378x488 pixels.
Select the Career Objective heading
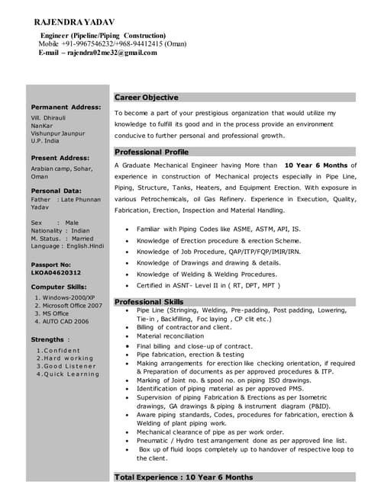147,98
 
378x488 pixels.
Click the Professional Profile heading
151,152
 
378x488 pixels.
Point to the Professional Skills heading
149,302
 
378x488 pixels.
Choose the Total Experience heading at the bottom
184,477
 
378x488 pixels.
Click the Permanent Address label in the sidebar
66,107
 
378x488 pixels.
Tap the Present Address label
60,157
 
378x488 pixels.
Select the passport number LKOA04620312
56,271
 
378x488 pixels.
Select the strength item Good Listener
66,366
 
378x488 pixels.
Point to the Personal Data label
56,190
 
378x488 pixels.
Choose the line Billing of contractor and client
183,327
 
